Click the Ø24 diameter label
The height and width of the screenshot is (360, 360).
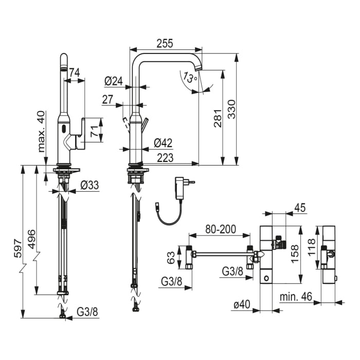113,81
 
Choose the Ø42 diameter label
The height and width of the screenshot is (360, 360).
163,143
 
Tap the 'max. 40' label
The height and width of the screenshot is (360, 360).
42,131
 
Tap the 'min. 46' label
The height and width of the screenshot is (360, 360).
296,297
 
